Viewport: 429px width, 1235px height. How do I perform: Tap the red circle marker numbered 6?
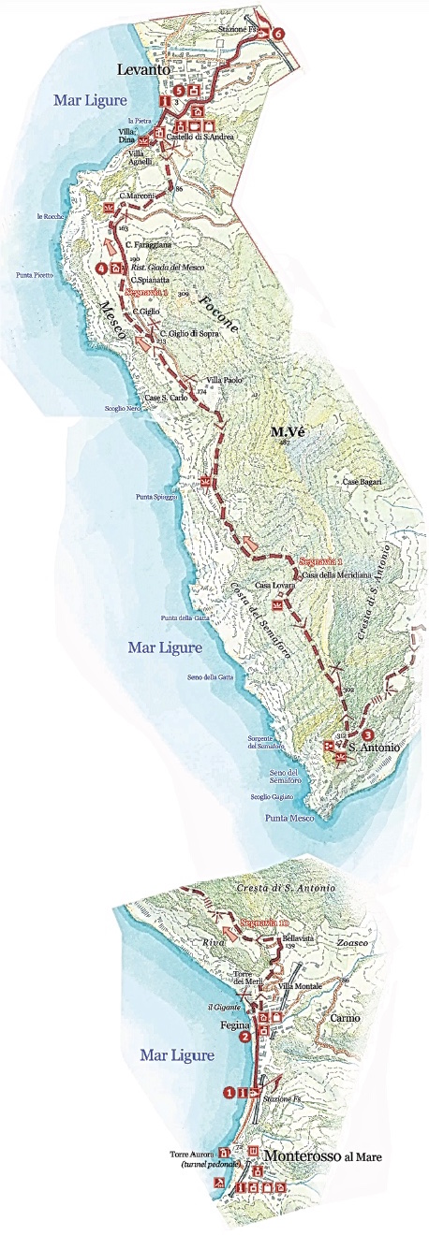(x=278, y=34)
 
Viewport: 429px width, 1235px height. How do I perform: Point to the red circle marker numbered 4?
(x=101, y=268)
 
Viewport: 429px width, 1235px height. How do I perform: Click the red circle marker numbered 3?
(x=367, y=734)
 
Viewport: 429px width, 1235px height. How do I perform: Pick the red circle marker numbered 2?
(x=244, y=1037)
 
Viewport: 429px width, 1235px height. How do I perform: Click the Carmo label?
(x=343, y=1016)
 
